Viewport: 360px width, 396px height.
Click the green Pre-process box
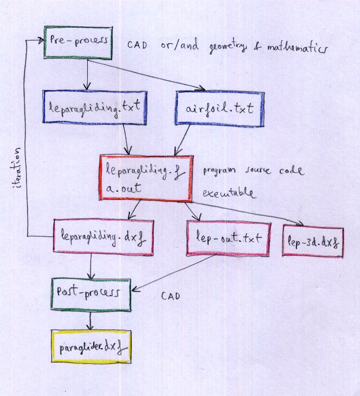(x=79, y=42)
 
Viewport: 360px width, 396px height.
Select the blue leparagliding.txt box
(x=95, y=106)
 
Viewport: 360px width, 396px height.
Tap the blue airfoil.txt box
(x=220, y=108)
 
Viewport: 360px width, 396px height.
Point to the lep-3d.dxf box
(x=312, y=241)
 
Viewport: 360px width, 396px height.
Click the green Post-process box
(x=91, y=295)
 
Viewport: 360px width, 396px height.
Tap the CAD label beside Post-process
(x=170, y=297)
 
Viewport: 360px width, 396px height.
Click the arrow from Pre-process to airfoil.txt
(x=147, y=75)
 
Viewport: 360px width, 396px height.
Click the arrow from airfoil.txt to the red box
(x=184, y=140)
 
